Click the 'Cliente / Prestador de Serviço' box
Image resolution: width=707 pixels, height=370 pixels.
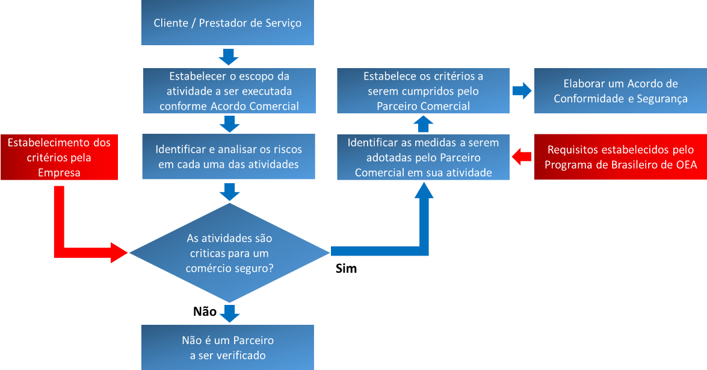click(x=227, y=23)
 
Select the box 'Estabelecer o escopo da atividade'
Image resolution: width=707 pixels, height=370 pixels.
click(x=229, y=92)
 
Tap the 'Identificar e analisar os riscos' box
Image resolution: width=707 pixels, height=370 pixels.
click(x=229, y=156)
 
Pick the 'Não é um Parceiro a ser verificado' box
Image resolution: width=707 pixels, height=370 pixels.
click(x=227, y=348)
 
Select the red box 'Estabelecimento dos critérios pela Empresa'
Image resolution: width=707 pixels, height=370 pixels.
click(x=59, y=157)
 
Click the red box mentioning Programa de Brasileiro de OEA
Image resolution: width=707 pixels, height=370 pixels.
click(x=620, y=157)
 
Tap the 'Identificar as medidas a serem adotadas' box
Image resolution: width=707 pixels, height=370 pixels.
click(x=424, y=157)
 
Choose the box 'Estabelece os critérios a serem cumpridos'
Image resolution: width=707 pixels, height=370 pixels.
click(x=423, y=92)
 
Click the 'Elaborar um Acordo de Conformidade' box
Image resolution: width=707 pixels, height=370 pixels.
click(x=620, y=91)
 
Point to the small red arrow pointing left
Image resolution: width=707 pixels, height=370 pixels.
click(x=521, y=157)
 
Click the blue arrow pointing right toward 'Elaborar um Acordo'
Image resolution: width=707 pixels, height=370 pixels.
click(x=522, y=91)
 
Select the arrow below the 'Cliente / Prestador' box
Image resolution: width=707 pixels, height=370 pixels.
click(x=229, y=57)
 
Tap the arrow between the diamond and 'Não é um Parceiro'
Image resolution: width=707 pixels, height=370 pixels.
click(x=229, y=313)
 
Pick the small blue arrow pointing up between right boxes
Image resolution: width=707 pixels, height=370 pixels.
click(x=424, y=124)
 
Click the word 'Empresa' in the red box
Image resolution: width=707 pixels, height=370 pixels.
click(x=59, y=172)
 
